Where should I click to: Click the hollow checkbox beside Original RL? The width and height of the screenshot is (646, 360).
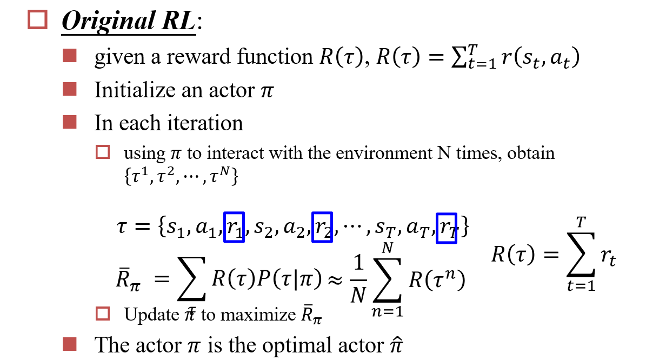click(38, 19)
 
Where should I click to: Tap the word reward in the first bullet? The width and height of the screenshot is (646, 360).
click(196, 57)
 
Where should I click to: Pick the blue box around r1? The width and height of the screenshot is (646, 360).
click(234, 227)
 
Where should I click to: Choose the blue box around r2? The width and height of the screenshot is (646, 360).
click(322, 227)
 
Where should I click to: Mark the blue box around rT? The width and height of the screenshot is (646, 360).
click(447, 228)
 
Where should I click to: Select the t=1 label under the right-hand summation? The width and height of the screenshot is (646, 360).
click(581, 286)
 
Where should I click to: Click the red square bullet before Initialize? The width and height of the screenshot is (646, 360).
click(70, 89)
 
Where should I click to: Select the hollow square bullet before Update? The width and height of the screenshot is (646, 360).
click(103, 314)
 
